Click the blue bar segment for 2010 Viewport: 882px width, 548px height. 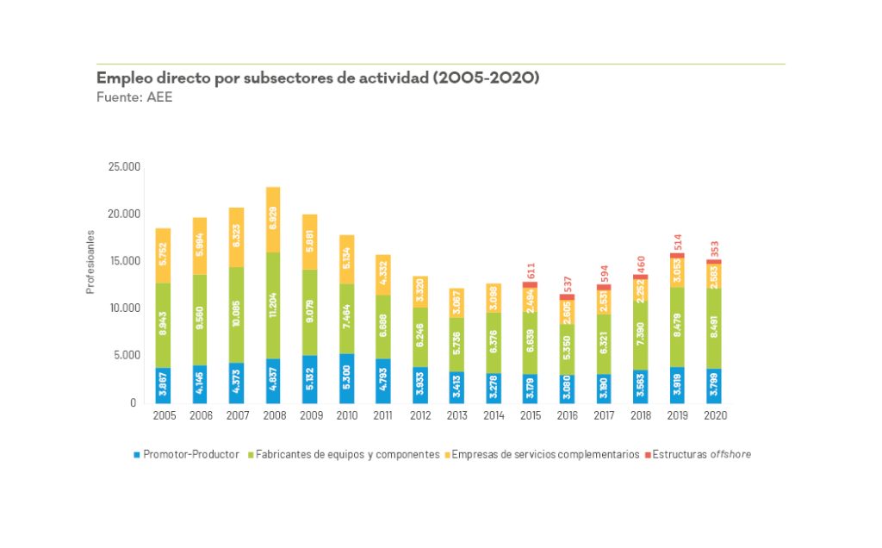346,378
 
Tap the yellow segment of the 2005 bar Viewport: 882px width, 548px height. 162,256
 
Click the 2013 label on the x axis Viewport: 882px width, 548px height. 457,415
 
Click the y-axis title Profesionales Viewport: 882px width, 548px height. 90,261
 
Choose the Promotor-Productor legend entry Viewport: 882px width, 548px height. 190,454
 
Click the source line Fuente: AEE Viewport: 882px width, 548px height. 134,97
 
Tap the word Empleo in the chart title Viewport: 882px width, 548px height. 125,78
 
